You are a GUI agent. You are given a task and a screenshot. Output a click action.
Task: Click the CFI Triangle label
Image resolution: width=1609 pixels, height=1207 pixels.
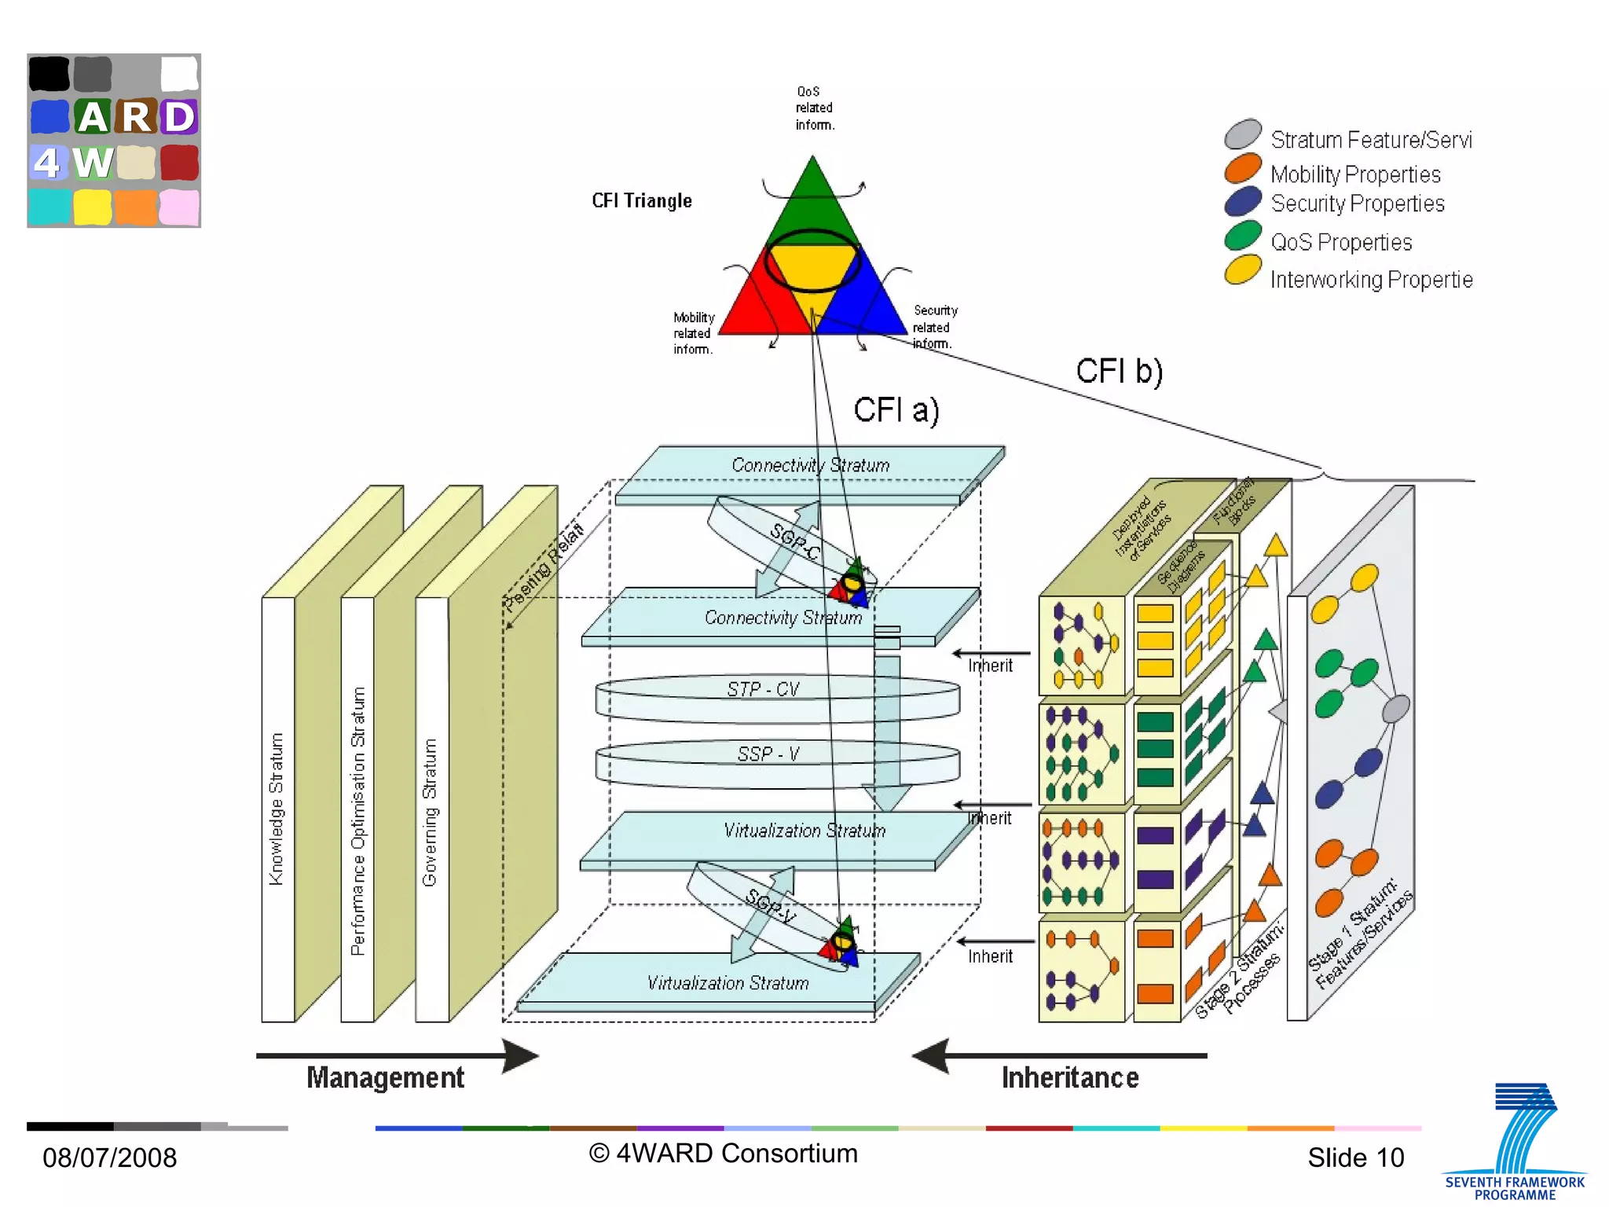pos(642,201)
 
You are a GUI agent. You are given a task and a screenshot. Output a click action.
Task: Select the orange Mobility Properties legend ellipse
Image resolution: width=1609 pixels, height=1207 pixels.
pos(1242,168)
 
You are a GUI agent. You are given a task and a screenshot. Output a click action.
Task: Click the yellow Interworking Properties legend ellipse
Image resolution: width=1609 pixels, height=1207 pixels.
pos(1242,270)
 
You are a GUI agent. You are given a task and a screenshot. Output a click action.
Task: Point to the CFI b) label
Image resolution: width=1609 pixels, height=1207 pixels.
pos(1119,371)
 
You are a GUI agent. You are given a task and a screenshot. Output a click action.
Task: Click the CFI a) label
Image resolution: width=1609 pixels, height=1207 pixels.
pos(896,410)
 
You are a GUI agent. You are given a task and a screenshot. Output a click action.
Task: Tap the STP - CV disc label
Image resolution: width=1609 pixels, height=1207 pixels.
pos(763,690)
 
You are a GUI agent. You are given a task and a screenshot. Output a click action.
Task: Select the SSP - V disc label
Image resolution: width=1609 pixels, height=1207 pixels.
pos(768,754)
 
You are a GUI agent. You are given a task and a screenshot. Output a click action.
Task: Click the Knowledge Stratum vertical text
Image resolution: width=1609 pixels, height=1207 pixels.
pos(276,809)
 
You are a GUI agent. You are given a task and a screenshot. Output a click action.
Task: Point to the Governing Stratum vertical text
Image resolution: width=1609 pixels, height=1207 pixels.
pos(430,813)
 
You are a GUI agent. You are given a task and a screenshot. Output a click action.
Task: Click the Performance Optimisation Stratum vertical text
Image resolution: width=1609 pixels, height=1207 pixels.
pos(358,821)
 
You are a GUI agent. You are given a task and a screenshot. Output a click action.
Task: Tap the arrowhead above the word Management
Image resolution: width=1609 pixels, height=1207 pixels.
pos(520,1055)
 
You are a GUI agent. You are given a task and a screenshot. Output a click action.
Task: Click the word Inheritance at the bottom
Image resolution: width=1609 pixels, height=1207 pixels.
pos(1069,1078)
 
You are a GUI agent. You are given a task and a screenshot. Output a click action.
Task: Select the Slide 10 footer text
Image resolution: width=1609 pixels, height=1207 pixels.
pos(1355,1157)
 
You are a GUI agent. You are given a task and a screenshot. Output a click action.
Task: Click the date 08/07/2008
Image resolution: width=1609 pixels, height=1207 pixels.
pos(109,1157)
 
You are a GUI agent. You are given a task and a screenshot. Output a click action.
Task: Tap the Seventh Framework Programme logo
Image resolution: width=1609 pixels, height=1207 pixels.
pos(1516,1143)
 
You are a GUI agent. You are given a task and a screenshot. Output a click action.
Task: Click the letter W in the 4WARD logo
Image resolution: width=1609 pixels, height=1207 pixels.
pos(93,163)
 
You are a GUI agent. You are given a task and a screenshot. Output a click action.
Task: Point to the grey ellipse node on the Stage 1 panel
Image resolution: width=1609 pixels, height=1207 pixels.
pos(1395,709)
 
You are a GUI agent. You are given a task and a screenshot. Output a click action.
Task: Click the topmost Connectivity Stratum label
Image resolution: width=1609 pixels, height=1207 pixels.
pos(810,465)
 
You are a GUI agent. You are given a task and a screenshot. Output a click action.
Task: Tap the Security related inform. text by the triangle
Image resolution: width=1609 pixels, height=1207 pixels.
pos(934,327)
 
